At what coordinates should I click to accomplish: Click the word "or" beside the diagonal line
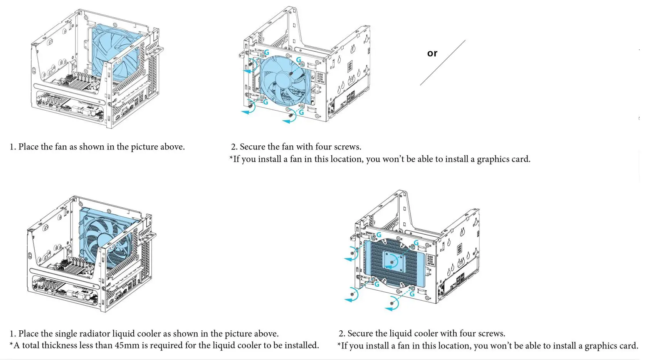pos(432,53)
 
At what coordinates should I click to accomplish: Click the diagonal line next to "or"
pos(443,62)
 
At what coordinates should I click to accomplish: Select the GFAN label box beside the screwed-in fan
pos(320,77)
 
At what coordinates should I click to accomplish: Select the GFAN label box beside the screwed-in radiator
pos(430,261)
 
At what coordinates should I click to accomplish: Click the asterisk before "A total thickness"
pos(12,344)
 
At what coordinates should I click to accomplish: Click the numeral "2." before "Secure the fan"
pos(234,147)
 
